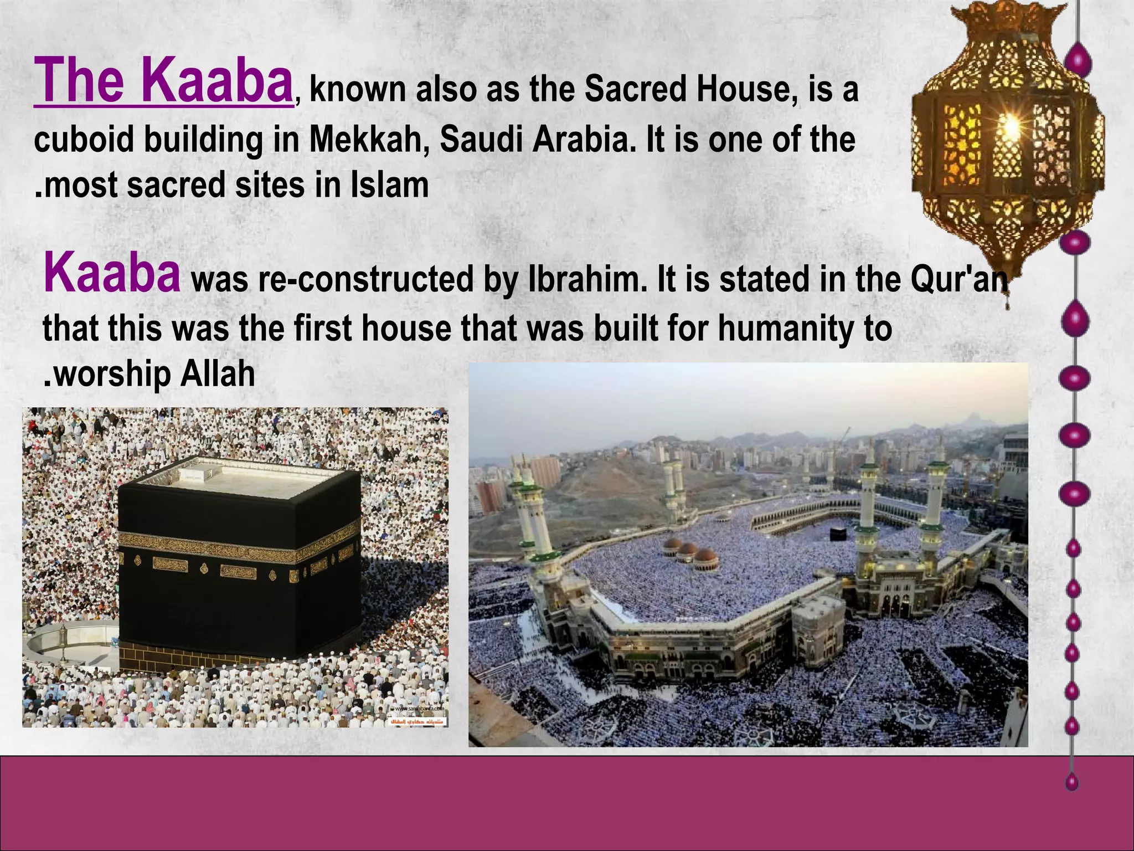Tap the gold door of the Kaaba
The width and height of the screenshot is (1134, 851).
[x=295, y=576]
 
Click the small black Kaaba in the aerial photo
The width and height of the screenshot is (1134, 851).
[x=838, y=534]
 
